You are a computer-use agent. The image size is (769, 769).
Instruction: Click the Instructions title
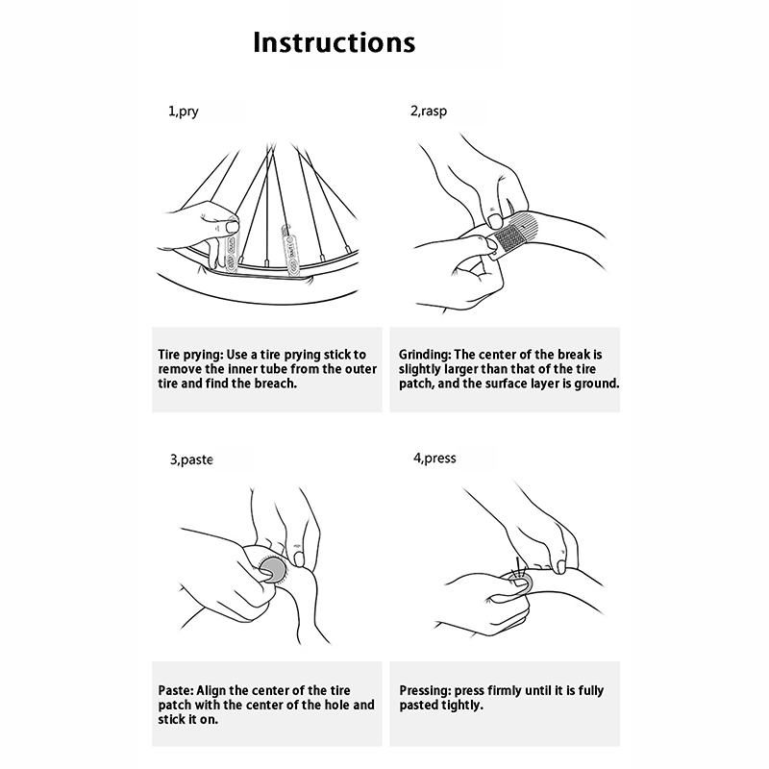[334, 42]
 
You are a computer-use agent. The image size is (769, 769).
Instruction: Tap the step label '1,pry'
[184, 112]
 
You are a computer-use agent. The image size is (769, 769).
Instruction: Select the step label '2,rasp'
[429, 111]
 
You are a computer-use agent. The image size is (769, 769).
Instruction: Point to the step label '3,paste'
[191, 460]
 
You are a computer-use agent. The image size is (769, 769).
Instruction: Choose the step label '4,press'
[434, 459]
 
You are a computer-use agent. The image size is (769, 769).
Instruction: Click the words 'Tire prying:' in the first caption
[190, 355]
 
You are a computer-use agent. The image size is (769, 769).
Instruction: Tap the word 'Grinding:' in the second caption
[425, 355]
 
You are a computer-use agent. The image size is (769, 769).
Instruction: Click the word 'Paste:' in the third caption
[176, 691]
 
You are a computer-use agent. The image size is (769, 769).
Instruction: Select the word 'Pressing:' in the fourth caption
[425, 691]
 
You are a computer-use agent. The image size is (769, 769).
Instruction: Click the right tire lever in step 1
[288, 250]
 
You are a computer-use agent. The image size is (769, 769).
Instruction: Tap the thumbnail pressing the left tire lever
[232, 227]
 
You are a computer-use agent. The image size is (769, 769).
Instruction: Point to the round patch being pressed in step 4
[523, 583]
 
